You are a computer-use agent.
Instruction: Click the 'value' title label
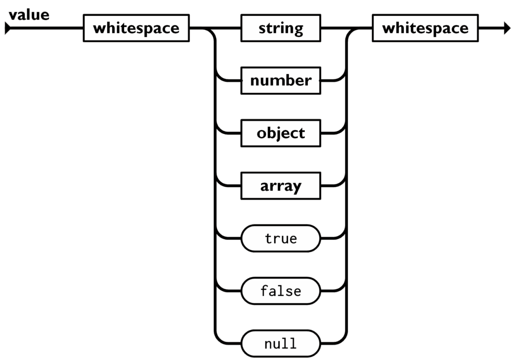coord(29,15)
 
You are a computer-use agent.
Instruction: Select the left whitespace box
coord(136,28)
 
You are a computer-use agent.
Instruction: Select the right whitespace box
coord(425,28)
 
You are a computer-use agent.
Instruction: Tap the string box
coord(281,28)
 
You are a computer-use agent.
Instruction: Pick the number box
coord(281,80)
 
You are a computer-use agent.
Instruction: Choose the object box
coord(281,133)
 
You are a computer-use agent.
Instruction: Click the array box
coord(281,186)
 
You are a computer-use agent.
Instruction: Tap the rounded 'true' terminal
coord(281,238)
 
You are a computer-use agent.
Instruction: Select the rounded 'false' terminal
coord(281,291)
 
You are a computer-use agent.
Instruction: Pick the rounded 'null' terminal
coord(281,344)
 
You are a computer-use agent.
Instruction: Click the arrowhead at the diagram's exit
coord(507,28)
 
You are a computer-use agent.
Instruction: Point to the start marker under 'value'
coord(7,28)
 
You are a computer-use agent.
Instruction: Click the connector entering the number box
coord(228,80)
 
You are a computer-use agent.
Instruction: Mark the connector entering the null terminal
coord(228,343)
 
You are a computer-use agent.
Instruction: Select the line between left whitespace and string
coord(215,28)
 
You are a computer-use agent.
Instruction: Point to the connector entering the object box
coord(228,133)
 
